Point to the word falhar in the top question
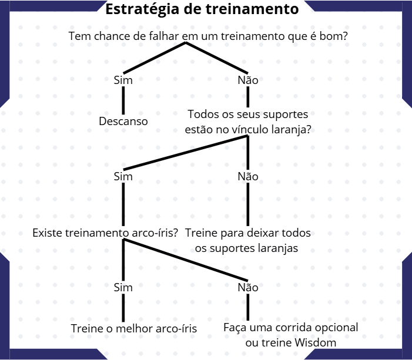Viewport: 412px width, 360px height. [x=163, y=36]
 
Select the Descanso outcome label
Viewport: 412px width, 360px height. [x=123, y=122]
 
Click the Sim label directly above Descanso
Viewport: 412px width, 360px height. [x=123, y=80]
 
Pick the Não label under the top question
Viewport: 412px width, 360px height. [x=248, y=80]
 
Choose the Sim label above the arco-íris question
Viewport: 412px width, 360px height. [x=123, y=176]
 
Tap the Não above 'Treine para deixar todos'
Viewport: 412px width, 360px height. [x=248, y=176]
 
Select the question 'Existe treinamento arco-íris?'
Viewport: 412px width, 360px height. [x=106, y=233]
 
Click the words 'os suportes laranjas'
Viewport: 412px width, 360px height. [x=246, y=248]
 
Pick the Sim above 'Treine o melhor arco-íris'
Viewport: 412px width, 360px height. [x=123, y=288]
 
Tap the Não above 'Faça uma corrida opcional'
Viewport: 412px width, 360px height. [x=248, y=288]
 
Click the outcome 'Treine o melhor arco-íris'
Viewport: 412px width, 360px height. [x=133, y=328]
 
